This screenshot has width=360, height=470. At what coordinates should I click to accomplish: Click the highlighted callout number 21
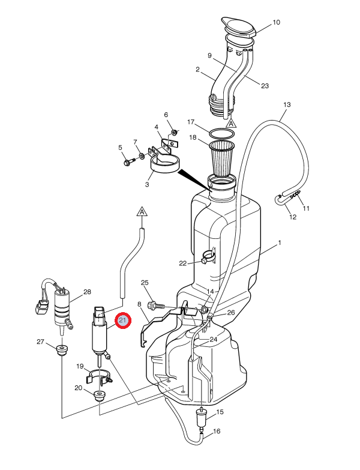(x=123, y=320)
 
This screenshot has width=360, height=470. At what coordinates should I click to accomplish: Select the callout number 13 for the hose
(x=287, y=104)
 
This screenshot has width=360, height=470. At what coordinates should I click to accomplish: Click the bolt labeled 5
(x=129, y=162)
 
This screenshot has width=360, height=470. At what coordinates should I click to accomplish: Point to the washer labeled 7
(x=142, y=156)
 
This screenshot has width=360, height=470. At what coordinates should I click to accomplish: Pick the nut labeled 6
(x=174, y=132)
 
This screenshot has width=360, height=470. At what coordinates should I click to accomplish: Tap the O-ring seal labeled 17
(x=222, y=133)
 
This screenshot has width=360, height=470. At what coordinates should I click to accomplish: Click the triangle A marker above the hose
(x=142, y=211)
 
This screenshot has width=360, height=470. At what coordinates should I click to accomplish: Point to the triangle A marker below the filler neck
(x=231, y=123)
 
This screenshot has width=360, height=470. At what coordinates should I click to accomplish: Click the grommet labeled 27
(x=62, y=350)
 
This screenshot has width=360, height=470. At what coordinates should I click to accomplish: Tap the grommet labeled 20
(x=99, y=396)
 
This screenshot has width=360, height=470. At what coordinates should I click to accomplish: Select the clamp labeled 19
(x=100, y=376)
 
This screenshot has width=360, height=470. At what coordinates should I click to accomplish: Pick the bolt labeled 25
(x=157, y=306)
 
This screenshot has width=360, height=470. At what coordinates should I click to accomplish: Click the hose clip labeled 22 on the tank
(x=209, y=256)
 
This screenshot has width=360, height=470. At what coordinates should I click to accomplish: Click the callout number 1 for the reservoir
(x=280, y=243)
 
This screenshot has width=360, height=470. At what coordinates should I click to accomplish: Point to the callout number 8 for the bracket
(x=139, y=304)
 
